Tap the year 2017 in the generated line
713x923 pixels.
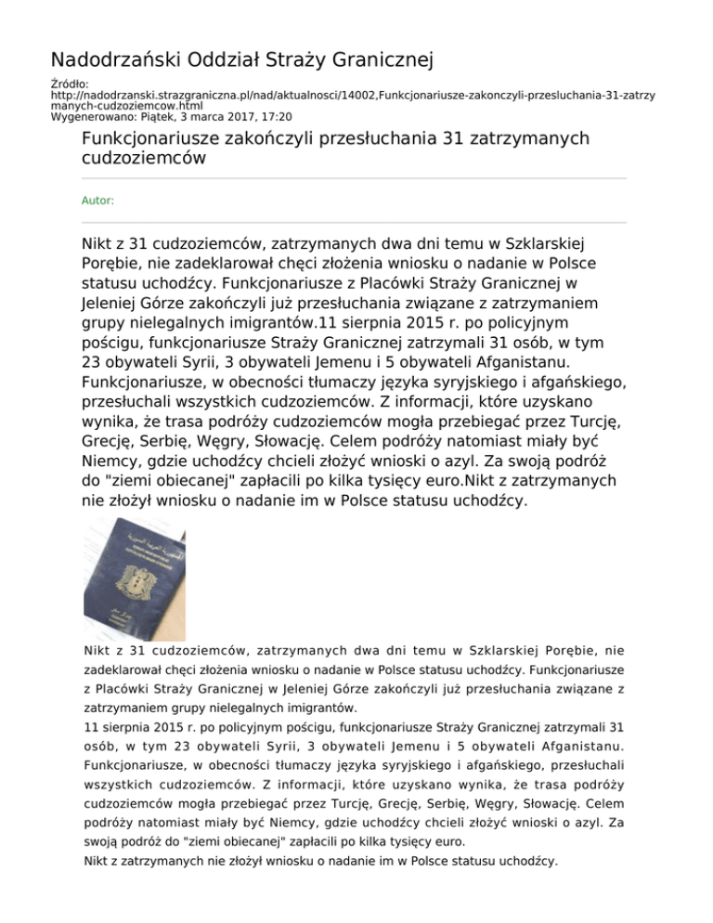point(240,117)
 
